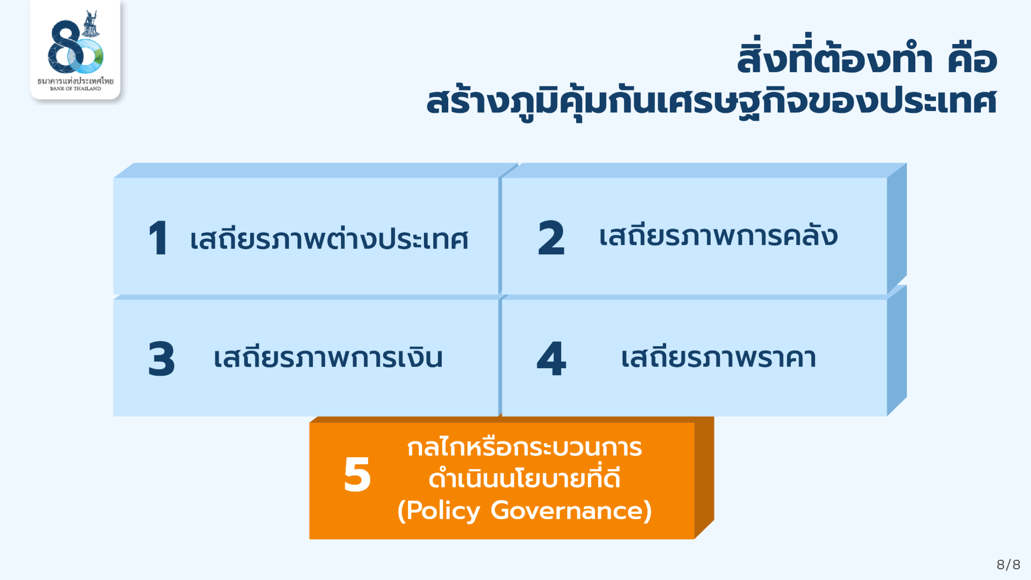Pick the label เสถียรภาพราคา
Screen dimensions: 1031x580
click(x=719, y=358)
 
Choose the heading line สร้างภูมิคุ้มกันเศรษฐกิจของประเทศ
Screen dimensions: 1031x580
click(x=712, y=102)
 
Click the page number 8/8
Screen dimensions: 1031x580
click(x=1008, y=565)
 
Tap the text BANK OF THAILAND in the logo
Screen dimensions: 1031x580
click(x=76, y=88)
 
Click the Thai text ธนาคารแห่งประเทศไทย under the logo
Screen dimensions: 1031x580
click(x=76, y=81)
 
